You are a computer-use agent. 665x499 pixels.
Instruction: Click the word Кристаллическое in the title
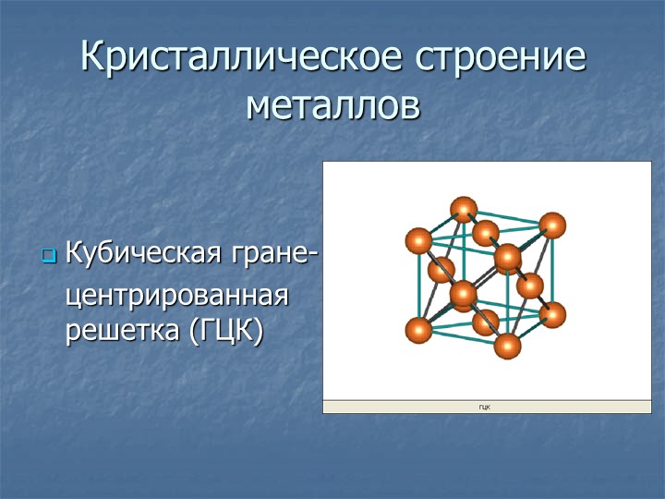tap(241, 57)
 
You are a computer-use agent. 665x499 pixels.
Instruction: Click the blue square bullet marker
tap(49, 255)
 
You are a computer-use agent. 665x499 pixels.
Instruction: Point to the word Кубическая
tap(143, 253)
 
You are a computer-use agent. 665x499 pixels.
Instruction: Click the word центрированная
tap(177, 296)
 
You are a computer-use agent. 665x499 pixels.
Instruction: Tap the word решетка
tap(122, 330)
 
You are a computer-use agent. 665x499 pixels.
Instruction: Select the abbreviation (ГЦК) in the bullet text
tap(227, 331)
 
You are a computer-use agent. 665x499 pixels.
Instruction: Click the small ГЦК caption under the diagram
tap(485, 408)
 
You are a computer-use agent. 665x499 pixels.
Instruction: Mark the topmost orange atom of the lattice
tap(464, 210)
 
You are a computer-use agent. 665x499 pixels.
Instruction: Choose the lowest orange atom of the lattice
tap(508, 346)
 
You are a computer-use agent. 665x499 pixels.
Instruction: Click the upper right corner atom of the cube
tap(552, 225)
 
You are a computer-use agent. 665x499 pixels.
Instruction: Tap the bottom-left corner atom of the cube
tap(418, 331)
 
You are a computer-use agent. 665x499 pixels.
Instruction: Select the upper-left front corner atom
tap(418, 240)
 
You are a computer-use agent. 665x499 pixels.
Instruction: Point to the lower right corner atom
tap(553, 315)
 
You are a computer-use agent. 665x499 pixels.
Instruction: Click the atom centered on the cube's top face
tap(486, 233)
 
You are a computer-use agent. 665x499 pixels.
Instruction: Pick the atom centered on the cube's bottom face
tap(486, 323)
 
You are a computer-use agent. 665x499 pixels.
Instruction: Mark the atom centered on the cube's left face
tap(441, 270)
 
